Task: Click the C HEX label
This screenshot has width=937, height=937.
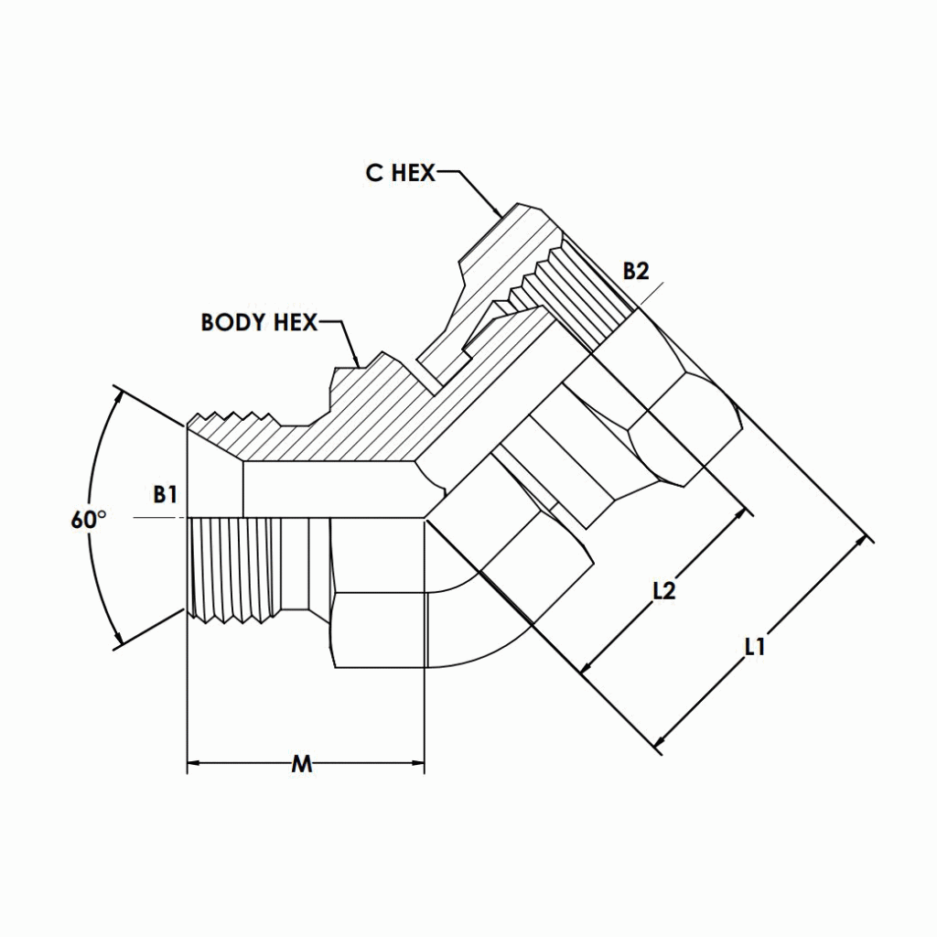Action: tap(401, 173)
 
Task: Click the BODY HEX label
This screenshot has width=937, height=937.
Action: tap(259, 322)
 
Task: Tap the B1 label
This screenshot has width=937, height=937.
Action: tap(165, 495)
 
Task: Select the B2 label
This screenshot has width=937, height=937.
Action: tap(636, 271)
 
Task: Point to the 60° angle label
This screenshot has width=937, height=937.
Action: tap(88, 520)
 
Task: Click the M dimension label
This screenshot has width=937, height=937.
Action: tap(301, 764)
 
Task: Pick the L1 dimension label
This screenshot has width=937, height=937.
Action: tap(754, 647)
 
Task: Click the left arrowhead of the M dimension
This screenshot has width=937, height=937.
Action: tap(194, 763)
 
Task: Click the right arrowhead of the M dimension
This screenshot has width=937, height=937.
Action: tap(418, 763)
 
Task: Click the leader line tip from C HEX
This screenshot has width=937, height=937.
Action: tap(500, 216)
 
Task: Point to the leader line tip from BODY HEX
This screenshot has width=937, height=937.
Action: tap(358, 363)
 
